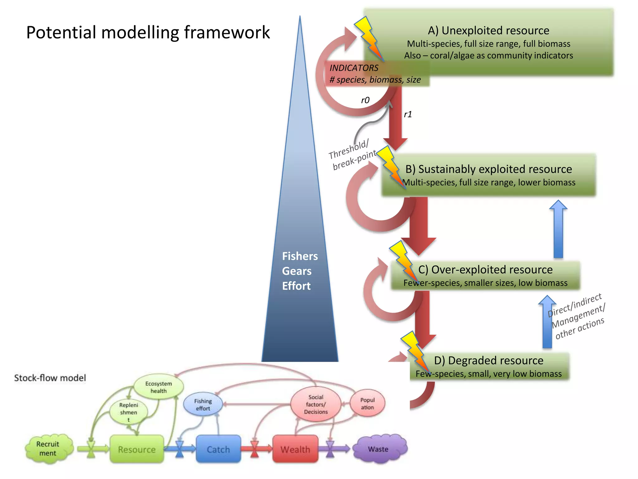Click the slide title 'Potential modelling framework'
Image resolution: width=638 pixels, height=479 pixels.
(x=148, y=32)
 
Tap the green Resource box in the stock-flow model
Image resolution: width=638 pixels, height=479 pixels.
(x=137, y=449)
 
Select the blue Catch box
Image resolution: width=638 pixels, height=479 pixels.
(x=218, y=449)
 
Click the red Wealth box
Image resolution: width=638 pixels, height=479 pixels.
(x=295, y=449)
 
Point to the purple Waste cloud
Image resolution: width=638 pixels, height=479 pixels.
(x=379, y=449)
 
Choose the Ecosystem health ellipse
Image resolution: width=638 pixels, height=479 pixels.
(x=159, y=387)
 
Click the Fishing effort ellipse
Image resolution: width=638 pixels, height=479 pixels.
(x=203, y=404)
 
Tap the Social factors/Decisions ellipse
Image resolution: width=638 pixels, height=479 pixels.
(x=316, y=404)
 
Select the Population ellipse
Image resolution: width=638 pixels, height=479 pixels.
(x=367, y=404)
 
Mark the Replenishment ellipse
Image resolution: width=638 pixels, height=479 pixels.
(x=128, y=412)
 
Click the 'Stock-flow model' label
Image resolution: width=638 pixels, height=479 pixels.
(x=50, y=378)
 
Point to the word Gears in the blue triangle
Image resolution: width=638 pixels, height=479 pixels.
(x=297, y=271)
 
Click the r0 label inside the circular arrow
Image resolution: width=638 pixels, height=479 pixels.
(x=365, y=100)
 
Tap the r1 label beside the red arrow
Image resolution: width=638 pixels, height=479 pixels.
(x=408, y=114)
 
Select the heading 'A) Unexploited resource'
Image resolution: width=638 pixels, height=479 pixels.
(x=488, y=31)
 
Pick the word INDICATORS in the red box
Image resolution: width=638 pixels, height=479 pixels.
(x=354, y=68)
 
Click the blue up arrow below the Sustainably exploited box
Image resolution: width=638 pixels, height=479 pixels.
(x=558, y=229)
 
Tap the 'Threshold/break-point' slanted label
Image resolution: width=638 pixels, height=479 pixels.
(x=352, y=155)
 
